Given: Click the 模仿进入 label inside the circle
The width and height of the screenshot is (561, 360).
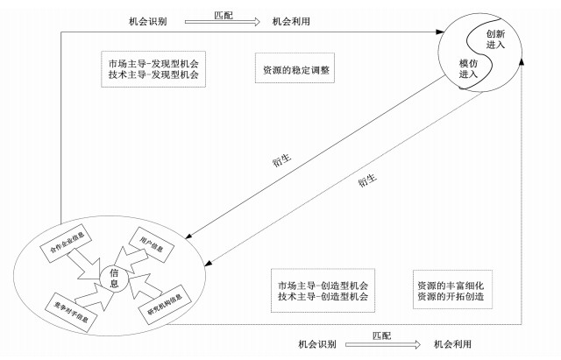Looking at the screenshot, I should (468, 69).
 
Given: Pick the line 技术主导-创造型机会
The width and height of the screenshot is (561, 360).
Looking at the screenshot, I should (322, 299).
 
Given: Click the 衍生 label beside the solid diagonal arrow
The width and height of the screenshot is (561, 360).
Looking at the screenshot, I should (281, 160).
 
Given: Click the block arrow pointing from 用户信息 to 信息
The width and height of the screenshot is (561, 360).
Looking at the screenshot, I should (130, 258).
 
